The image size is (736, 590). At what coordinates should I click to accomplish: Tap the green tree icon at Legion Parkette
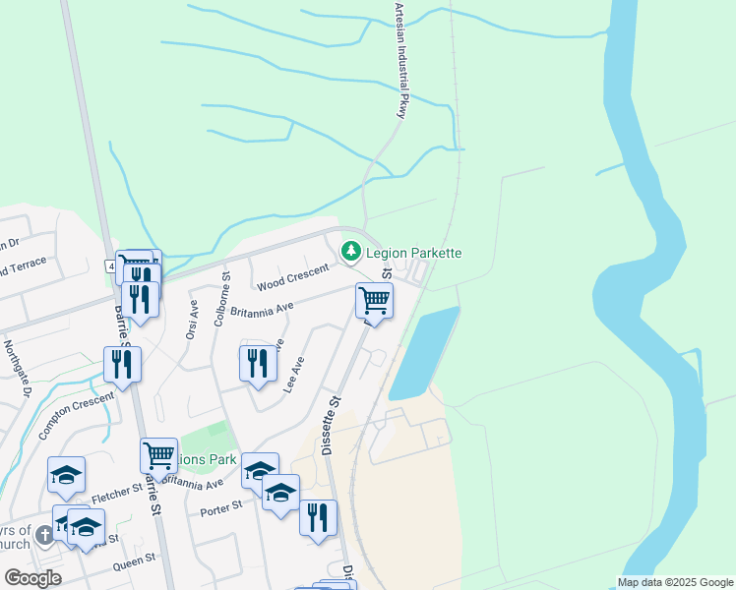tap(350, 253)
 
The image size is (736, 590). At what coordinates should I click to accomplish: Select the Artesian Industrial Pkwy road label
tap(399, 61)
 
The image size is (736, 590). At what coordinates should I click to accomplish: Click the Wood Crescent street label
tap(291, 276)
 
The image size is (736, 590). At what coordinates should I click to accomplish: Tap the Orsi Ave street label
tap(192, 321)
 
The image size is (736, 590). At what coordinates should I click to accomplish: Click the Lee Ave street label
tap(294, 375)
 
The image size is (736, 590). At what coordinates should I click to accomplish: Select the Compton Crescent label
tap(76, 413)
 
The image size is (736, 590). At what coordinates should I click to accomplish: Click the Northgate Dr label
tap(18, 369)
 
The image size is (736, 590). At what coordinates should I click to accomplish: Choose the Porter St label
tap(219, 507)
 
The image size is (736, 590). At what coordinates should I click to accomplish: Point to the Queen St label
tap(135, 560)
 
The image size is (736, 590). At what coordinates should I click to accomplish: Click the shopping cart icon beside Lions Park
tap(158, 454)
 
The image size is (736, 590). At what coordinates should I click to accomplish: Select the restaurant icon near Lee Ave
tap(258, 362)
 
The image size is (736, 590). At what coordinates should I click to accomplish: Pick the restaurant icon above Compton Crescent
tap(122, 363)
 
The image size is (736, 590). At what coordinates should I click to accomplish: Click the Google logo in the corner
tap(32, 578)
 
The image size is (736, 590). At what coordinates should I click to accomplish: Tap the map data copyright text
tap(675, 582)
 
